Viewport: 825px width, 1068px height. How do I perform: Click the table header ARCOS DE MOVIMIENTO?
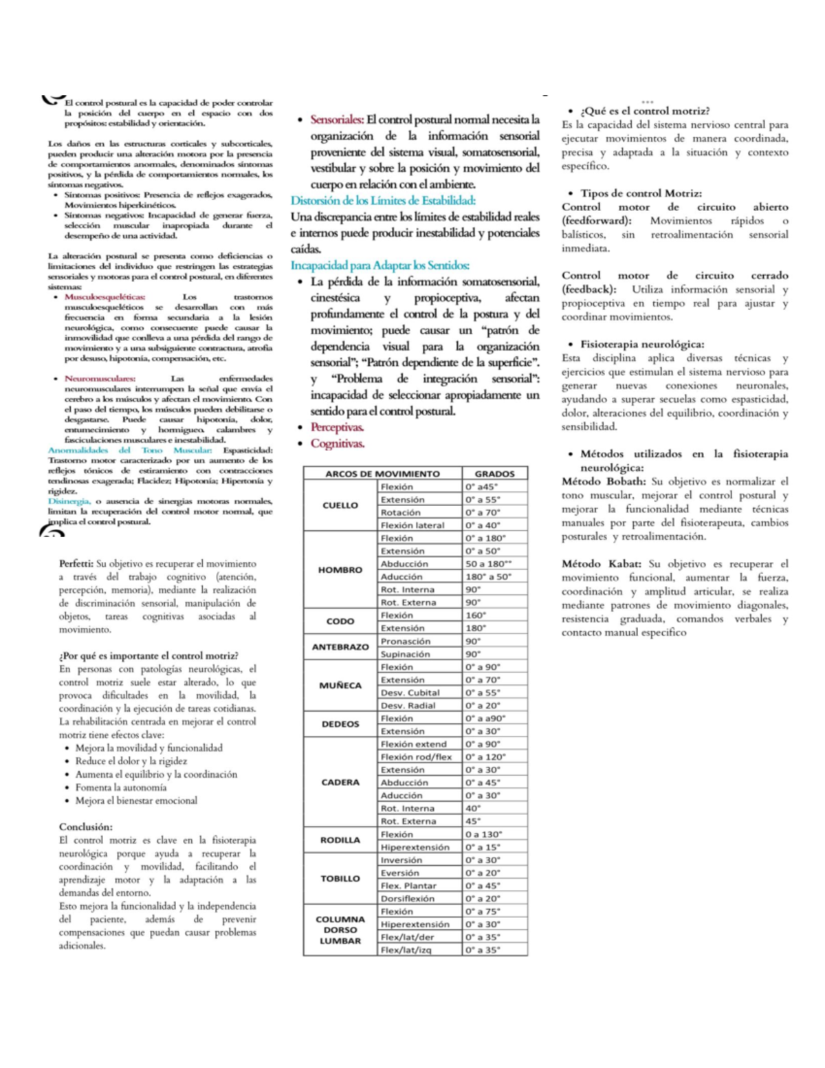(x=382, y=474)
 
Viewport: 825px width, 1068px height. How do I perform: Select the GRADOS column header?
(x=494, y=474)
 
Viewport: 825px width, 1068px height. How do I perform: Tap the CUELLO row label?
(x=340, y=505)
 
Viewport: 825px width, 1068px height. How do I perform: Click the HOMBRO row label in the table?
(x=340, y=570)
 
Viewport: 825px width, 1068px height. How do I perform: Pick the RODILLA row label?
(x=340, y=840)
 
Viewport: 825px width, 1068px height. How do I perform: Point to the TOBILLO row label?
(x=340, y=879)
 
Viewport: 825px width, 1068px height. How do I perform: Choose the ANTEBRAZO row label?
(x=340, y=647)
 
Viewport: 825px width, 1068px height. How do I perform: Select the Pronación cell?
(x=406, y=641)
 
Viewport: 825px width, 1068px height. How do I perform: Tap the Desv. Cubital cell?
(x=410, y=693)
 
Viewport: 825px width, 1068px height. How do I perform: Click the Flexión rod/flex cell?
(x=416, y=757)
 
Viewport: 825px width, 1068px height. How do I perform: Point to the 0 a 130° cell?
(x=484, y=834)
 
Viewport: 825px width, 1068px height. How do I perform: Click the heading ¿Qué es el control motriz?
(x=645, y=111)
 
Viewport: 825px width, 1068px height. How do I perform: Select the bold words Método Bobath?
(x=604, y=481)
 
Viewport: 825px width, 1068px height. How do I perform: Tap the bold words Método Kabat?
(x=602, y=564)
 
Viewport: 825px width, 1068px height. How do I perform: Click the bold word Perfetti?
(x=76, y=563)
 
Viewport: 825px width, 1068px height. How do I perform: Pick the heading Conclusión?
(x=85, y=827)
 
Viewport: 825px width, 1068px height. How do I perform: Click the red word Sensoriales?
(x=337, y=120)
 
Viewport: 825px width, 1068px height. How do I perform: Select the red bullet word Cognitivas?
(x=338, y=444)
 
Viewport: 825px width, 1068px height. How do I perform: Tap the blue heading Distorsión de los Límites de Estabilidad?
(x=383, y=201)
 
